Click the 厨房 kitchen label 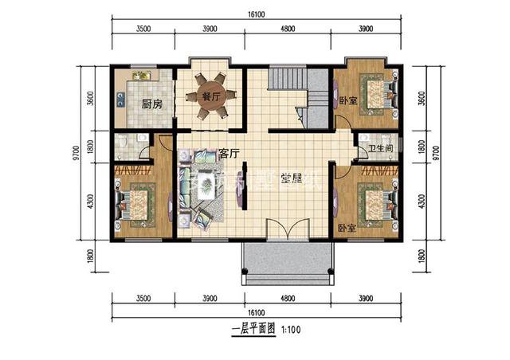tap(151, 104)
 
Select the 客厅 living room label tap(229, 151)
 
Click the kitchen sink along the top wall tap(141, 76)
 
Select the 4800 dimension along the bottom tap(286, 299)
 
